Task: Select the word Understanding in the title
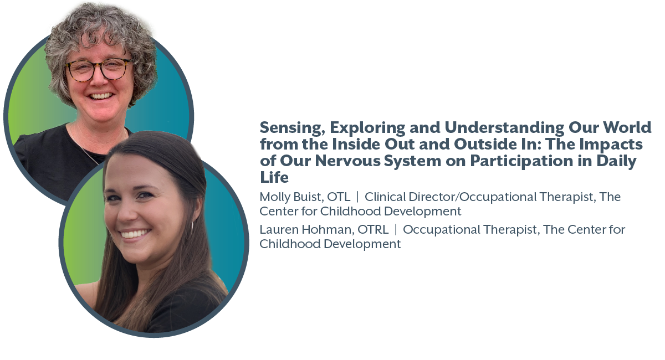504,128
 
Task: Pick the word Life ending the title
274,177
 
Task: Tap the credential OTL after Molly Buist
339,197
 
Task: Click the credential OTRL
373,229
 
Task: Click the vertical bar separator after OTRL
396,230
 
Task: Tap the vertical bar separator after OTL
357,197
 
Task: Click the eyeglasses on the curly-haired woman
99,70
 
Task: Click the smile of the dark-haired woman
135,233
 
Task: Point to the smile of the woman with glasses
101,96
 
